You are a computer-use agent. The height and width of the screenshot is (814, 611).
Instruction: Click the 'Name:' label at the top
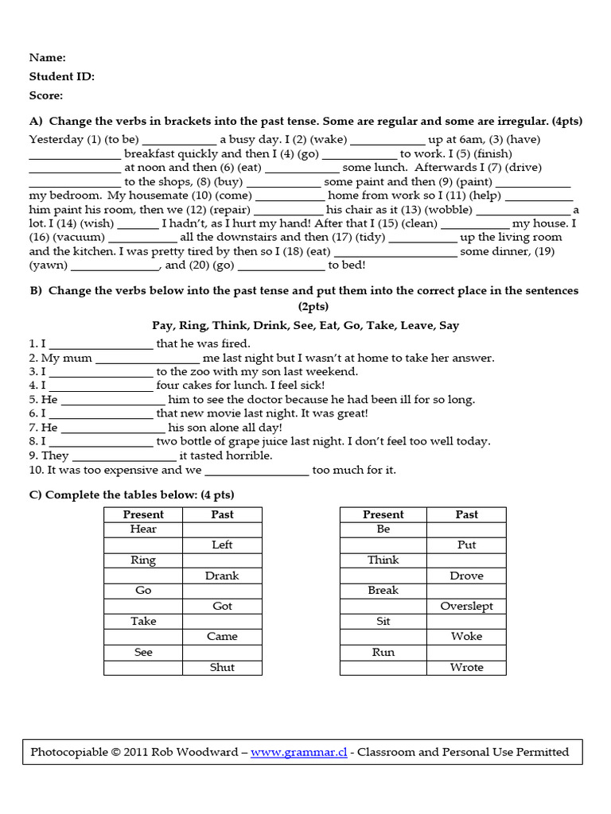pyautogui.click(x=48, y=57)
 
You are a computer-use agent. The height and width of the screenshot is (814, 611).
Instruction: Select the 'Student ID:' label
pyautogui.click(x=62, y=76)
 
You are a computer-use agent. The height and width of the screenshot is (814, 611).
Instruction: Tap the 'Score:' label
pyautogui.click(x=46, y=95)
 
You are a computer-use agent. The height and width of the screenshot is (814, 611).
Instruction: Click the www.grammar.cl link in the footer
pyautogui.click(x=298, y=752)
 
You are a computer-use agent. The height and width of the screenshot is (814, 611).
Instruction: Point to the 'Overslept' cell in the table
pyautogui.click(x=466, y=606)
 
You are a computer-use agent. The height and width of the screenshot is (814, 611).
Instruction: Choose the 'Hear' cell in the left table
pyautogui.click(x=143, y=529)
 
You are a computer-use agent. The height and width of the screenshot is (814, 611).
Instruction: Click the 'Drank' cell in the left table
pyautogui.click(x=222, y=576)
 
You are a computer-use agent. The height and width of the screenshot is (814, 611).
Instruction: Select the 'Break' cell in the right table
pyautogui.click(x=383, y=591)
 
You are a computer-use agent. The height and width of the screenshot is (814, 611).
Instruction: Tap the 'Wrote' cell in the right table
pyautogui.click(x=466, y=668)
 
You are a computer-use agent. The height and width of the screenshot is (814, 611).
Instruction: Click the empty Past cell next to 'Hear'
pyautogui.click(x=222, y=529)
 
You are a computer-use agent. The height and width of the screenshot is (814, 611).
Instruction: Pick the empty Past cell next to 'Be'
pyautogui.click(x=466, y=529)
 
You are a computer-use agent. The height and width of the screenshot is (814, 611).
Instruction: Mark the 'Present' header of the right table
pyautogui.click(x=383, y=514)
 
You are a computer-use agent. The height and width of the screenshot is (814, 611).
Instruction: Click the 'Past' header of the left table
pyautogui.click(x=222, y=514)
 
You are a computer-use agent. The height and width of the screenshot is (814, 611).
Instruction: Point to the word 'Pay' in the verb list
pyautogui.click(x=162, y=325)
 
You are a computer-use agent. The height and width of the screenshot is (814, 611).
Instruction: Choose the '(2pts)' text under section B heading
pyautogui.click(x=305, y=306)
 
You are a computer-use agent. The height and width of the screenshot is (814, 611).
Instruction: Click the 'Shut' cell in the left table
pyautogui.click(x=222, y=668)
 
